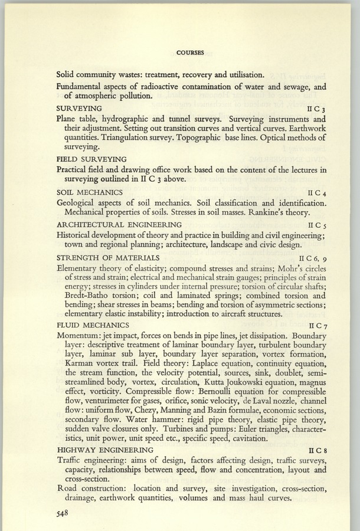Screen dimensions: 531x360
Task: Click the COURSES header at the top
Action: [x=190, y=53]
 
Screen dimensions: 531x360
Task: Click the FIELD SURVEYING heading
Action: [x=91, y=159]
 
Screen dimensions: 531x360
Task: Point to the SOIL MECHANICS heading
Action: [x=89, y=192]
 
